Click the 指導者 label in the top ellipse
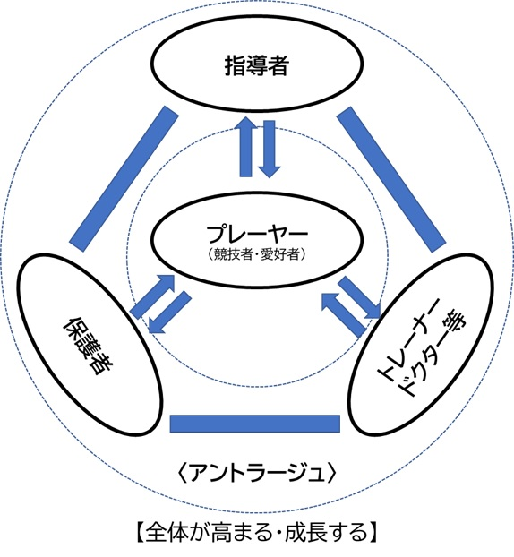(256, 65)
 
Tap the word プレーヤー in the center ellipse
(257, 234)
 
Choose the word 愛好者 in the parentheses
(280, 254)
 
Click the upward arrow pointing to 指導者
(246, 146)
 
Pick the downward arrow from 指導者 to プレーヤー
(269, 149)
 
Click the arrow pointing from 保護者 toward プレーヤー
(153, 296)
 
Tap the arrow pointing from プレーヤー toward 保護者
(169, 313)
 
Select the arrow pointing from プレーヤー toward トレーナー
(359, 297)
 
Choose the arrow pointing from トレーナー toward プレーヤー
(343, 314)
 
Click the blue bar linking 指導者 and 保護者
(124, 178)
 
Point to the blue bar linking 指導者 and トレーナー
(391, 180)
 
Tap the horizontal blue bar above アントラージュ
(255, 424)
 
